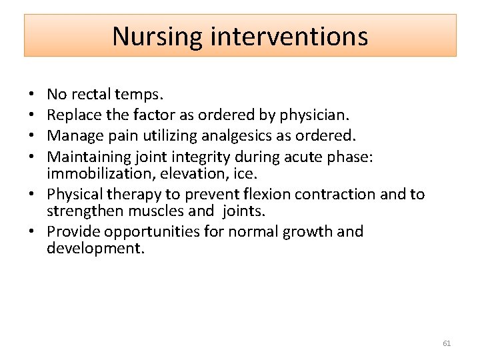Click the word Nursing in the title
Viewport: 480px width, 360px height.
pyautogui.click(x=157, y=37)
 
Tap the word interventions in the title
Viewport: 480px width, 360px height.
pyautogui.click(x=289, y=36)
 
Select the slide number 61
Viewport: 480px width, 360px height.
pyautogui.click(x=447, y=343)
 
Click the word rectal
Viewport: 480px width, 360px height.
pyautogui.click(x=91, y=94)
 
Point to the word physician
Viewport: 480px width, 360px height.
pyautogui.click(x=315, y=116)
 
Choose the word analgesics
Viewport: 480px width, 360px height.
pyautogui.click(x=236, y=136)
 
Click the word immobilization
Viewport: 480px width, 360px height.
pyautogui.click(x=99, y=173)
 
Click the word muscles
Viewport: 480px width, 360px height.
pyautogui.click(x=155, y=211)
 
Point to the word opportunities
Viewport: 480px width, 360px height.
pyautogui.click(x=151, y=232)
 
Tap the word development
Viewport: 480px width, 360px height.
pyautogui.click(x=95, y=248)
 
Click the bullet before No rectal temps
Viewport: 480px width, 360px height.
pyautogui.click(x=31, y=94)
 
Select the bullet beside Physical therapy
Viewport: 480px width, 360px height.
pyautogui.click(x=31, y=194)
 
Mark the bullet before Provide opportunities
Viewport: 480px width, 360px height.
pyautogui.click(x=31, y=231)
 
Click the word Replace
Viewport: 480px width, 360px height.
pyautogui.click(x=74, y=116)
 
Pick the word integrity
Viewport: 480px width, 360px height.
pyautogui.click(x=201, y=157)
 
